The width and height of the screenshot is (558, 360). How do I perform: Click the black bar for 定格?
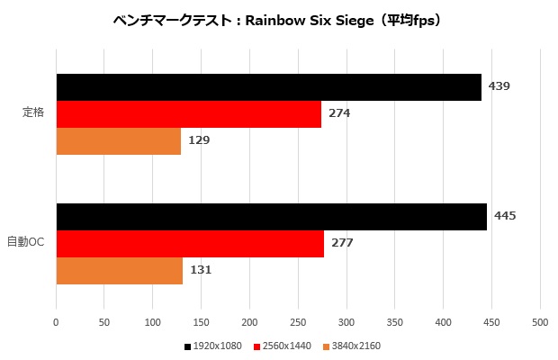coord(268,87)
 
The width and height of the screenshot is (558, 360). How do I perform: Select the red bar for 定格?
coord(188,114)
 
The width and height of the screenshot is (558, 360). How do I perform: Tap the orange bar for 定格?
coord(118,141)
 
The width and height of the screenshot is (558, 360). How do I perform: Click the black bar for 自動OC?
coord(271,217)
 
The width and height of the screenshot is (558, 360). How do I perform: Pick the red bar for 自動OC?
coord(190,244)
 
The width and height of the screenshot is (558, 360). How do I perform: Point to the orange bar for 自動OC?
coord(119,271)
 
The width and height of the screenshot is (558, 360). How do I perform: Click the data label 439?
coord(499,86)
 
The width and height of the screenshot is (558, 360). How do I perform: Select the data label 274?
coord(339,113)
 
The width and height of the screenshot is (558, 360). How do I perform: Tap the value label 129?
coord(199,140)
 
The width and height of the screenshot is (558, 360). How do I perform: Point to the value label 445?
coord(505,216)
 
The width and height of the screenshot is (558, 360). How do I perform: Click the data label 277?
coord(342,243)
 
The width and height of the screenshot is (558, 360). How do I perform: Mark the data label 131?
coord(201,270)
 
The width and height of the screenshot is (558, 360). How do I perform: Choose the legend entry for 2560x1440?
coord(285,346)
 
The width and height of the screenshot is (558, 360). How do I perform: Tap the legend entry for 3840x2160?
coord(355,346)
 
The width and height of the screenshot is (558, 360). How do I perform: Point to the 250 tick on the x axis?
coord(298,321)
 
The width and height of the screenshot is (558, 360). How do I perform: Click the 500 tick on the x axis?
coord(540,321)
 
